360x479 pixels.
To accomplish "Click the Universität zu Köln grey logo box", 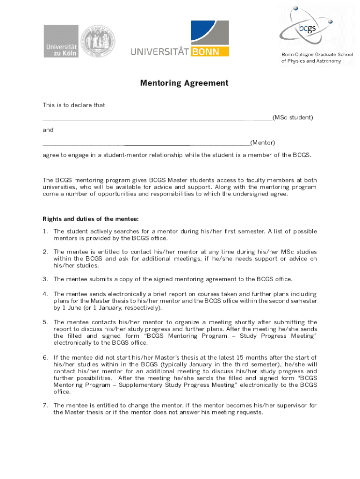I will click(61, 41).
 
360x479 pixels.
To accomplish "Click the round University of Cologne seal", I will click(97, 41).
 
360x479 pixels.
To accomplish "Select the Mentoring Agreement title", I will click(184, 83).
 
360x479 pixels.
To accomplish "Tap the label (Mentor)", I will click(263, 142).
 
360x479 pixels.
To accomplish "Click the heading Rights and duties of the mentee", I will click(91, 219).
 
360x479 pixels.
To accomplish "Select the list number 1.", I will click(45, 232).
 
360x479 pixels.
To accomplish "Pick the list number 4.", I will click(45, 294).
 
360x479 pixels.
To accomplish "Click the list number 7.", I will click(45, 406).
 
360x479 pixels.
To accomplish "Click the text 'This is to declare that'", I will click(74, 105).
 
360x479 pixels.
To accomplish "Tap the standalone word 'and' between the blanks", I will click(48, 130).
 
